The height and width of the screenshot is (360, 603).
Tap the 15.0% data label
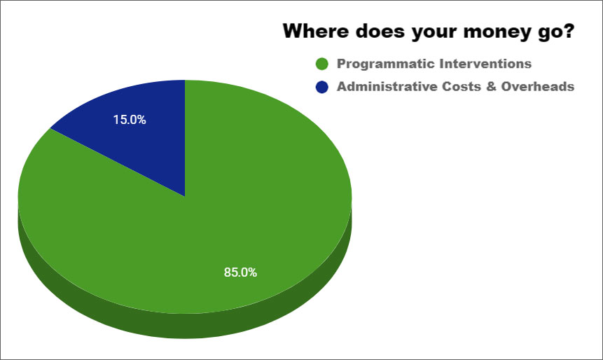click(130, 120)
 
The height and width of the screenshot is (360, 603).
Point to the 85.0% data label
click(240, 272)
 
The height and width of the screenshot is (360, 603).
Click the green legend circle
click(322, 64)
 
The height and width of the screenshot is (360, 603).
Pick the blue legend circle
click(322, 87)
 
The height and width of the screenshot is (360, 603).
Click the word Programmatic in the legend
click(386, 64)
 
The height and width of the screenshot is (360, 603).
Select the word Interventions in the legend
click(486, 64)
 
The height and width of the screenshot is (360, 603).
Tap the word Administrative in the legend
click(387, 87)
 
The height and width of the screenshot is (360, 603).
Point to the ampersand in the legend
click(491, 87)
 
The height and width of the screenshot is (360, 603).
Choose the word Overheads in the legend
click(538, 87)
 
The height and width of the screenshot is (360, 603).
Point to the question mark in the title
click(569, 31)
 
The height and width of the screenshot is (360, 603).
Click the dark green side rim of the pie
click(185, 326)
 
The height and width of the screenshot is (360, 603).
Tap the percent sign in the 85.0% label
click(252, 272)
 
